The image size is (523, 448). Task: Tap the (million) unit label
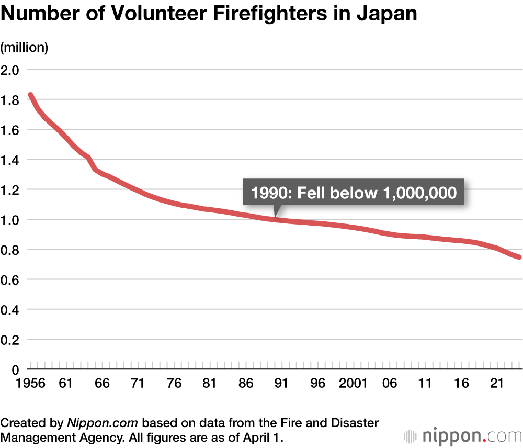(x=25, y=48)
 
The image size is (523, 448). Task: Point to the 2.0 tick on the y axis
(x=10, y=70)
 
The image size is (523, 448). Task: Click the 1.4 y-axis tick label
(x=10, y=160)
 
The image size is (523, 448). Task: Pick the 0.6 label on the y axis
(x=10, y=280)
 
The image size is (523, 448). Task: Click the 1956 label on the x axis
(x=15, y=384)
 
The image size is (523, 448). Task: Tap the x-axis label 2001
(x=353, y=384)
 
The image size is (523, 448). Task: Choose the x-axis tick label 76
(x=174, y=384)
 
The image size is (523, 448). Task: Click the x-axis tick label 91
(x=281, y=384)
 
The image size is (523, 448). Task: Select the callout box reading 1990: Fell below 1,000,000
(x=354, y=193)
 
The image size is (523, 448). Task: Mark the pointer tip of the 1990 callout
(x=276, y=216)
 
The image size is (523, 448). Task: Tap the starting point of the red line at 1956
(x=30, y=95)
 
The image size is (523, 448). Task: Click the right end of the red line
(x=519, y=257)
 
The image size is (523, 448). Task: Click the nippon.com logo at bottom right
(x=463, y=435)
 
